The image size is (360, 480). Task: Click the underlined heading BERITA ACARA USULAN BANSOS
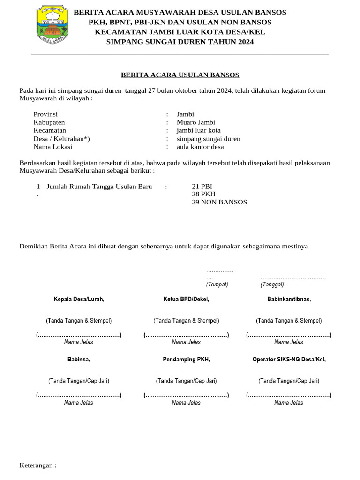click(180, 75)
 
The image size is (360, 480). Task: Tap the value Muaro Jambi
click(195, 122)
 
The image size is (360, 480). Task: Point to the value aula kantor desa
click(200, 147)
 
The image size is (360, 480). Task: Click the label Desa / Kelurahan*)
click(61, 139)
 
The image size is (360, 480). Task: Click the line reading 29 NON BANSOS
click(219, 202)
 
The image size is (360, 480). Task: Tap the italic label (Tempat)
click(217, 285)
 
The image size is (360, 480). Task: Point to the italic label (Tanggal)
click(272, 285)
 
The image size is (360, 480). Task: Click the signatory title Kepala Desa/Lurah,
click(79, 299)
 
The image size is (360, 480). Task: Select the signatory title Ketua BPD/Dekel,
click(186, 299)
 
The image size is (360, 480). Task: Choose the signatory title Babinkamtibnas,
click(289, 299)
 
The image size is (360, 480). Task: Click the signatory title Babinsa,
click(79, 360)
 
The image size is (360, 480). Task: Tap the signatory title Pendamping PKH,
click(186, 360)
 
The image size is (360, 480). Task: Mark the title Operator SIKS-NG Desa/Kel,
click(289, 360)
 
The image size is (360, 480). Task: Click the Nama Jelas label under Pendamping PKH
click(186, 403)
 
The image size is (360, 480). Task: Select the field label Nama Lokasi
click(53, 147)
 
